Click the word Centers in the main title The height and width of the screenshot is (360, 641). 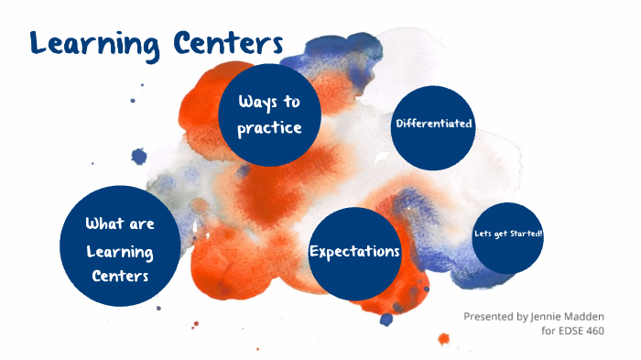tap(223, 41)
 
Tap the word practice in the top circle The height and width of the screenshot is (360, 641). tap(269, 128)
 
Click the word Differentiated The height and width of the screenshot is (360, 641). tap(433, 124)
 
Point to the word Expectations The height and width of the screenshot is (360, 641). tap(355, 251)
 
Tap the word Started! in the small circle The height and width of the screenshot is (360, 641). tap(527, 234)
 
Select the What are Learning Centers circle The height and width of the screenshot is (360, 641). tap(119, 246)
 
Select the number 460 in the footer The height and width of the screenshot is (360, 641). tap(596, 331)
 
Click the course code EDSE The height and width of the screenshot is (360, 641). tap(564, 331)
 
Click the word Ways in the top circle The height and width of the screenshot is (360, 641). tap(257, 102)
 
